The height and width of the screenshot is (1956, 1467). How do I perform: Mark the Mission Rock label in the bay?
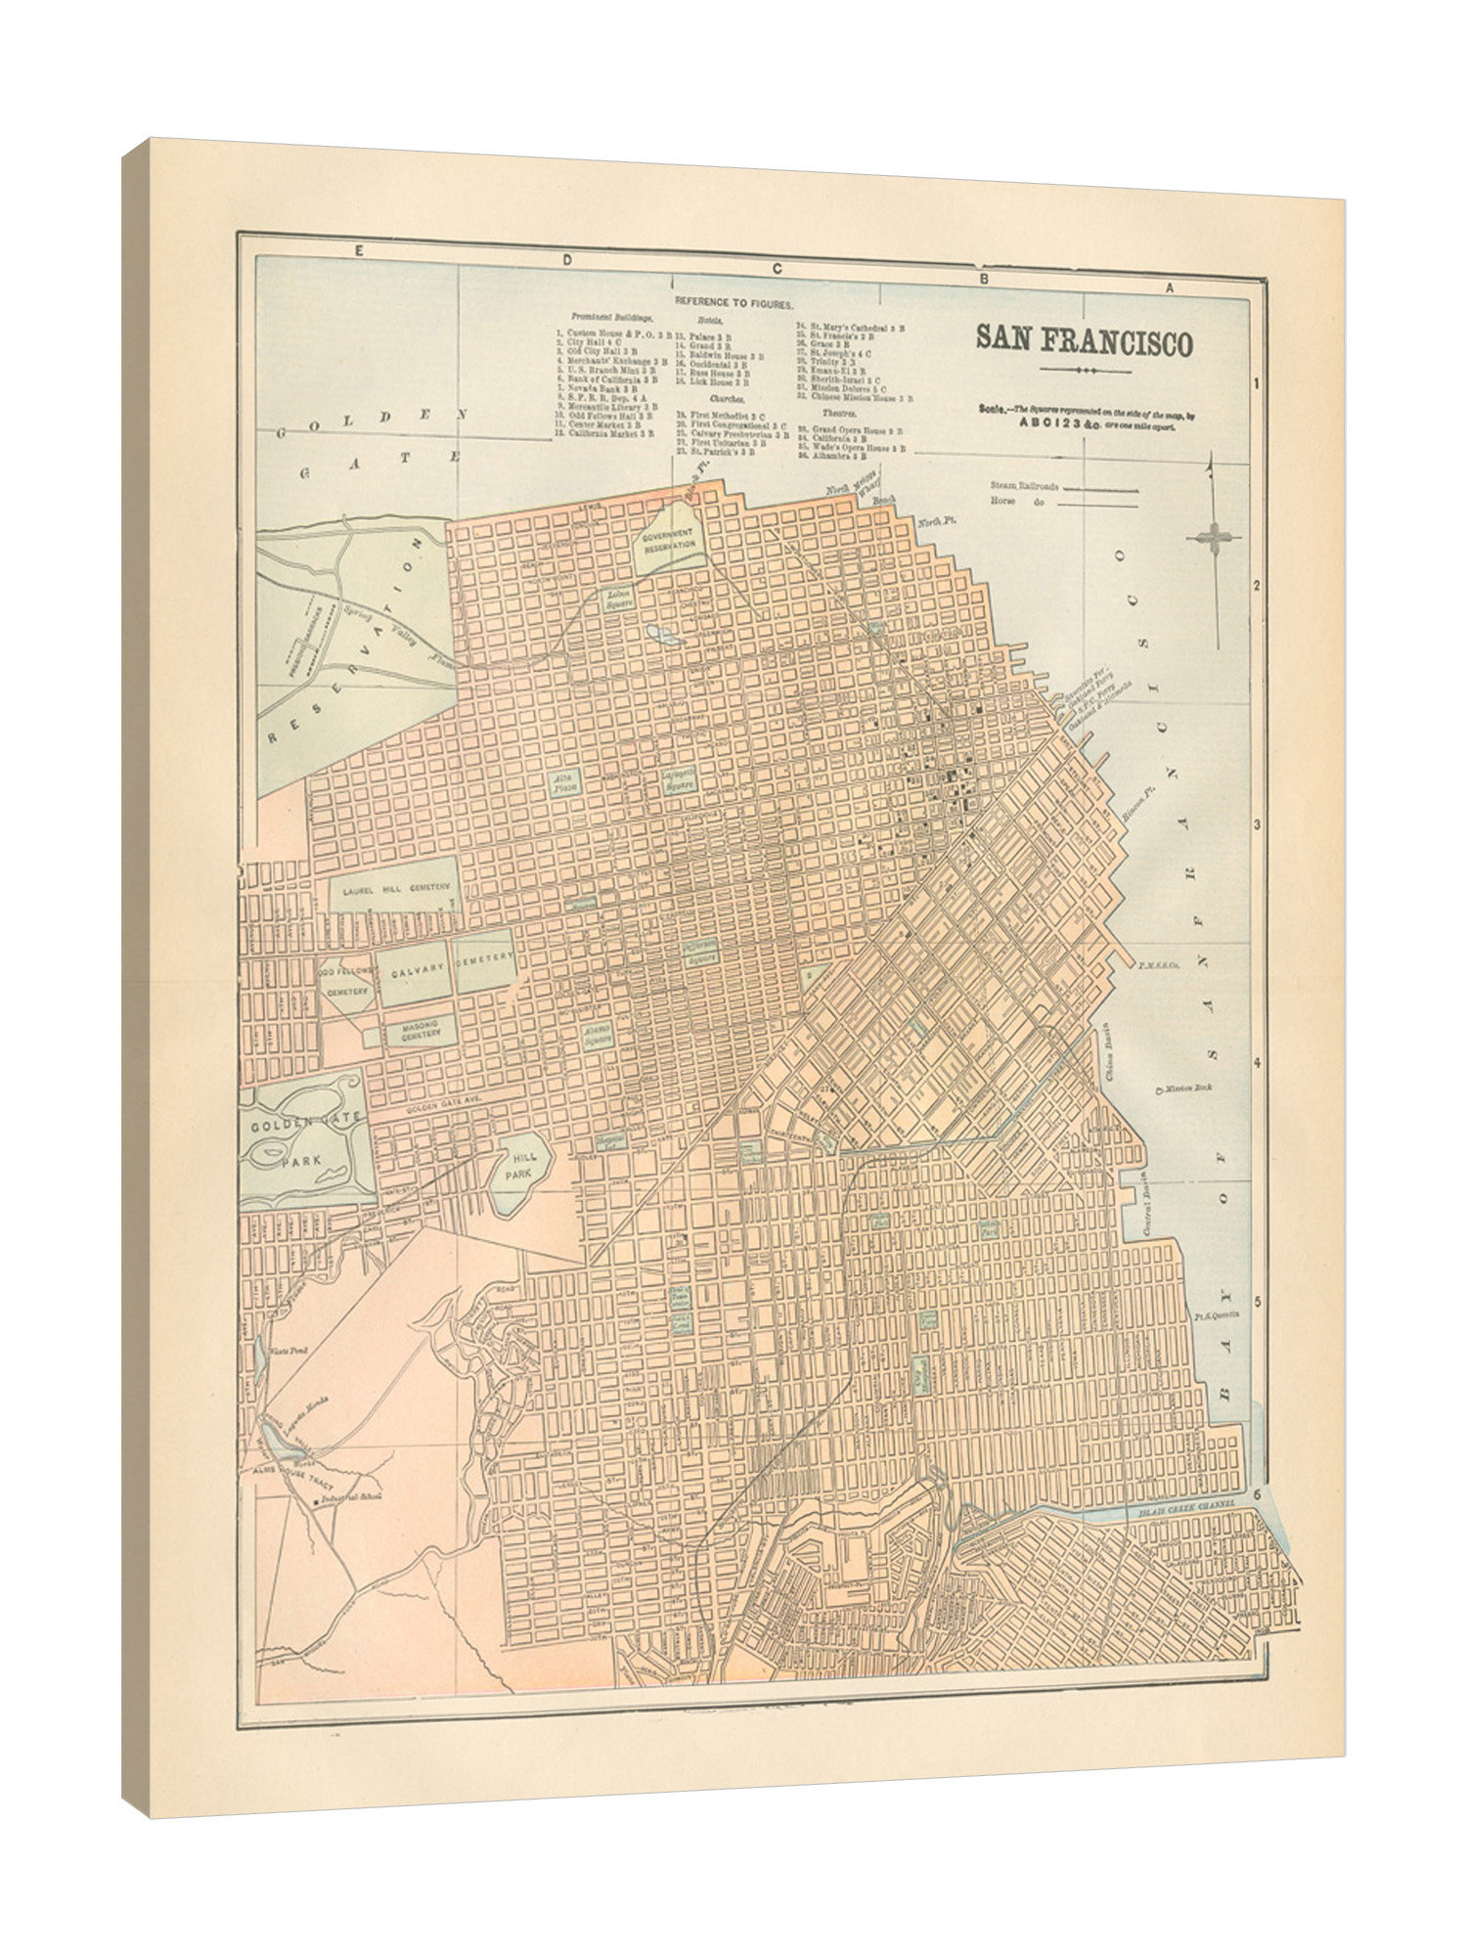point(1190,1087)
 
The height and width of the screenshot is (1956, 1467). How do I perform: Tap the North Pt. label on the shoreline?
point(936,521)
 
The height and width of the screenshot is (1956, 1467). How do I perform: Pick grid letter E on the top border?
point(359,251)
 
